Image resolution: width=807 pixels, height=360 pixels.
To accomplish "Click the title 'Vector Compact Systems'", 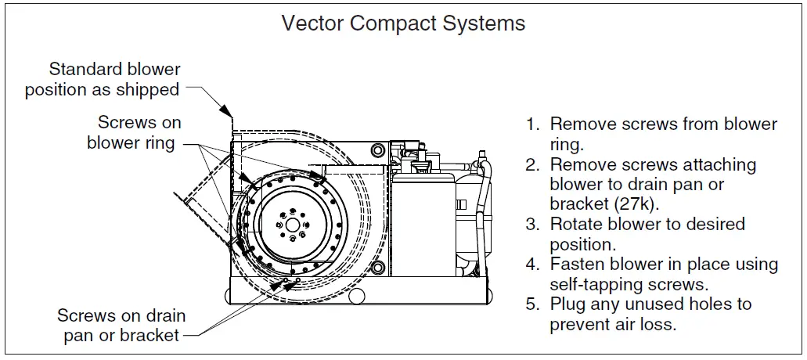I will (403, 23).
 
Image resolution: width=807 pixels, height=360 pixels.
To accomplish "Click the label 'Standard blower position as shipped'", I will (103, 80).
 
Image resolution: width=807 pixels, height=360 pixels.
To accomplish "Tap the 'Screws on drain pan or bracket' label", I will (121, 326).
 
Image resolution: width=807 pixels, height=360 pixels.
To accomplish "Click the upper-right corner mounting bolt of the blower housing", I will (378, 149).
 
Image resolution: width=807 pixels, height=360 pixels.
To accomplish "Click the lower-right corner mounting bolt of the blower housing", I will (378, 269).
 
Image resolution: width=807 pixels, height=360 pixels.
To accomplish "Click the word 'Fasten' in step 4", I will (578, 265).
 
